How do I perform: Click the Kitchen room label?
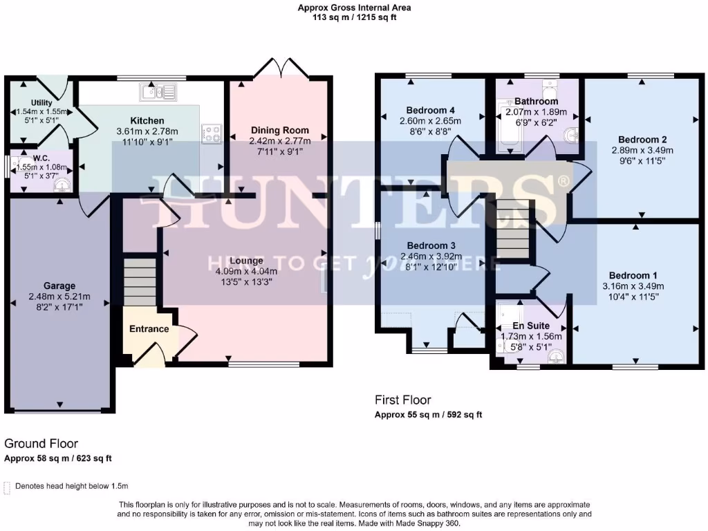coord(147,120)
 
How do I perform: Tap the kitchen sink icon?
coord(158,91)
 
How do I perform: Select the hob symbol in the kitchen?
coord(210,133)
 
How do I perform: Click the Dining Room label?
coord(279,130)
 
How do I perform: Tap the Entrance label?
coord(149,328)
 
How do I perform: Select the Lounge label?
coord(246,261)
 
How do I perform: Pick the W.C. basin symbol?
coord(63,185)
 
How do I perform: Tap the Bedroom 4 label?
coord(430,110)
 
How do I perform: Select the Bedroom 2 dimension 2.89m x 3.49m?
coord(642,150)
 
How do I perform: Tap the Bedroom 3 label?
coord(431,245)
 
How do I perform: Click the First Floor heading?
coord(402,400)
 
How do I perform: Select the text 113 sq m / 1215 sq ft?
coord(354,18)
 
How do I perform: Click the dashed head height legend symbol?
coord(7,487)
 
